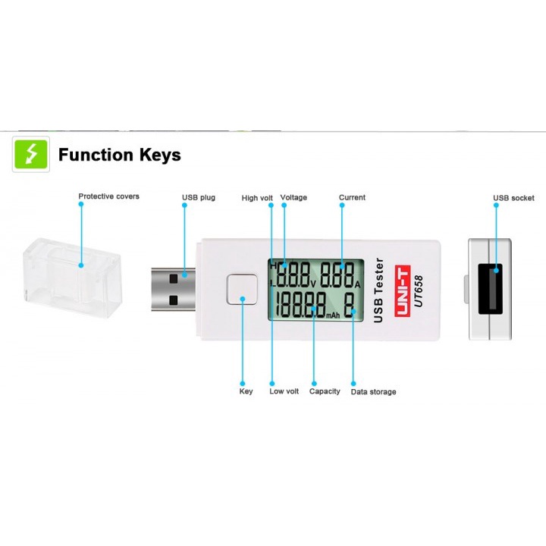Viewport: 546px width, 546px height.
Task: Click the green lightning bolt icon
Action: click(31, 155)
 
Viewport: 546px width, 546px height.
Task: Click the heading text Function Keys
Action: click(120, 155)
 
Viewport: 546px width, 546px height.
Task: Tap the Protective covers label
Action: click(108, 196)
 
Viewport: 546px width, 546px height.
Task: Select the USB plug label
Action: click(199, 197)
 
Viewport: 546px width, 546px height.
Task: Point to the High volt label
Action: click(257, 198)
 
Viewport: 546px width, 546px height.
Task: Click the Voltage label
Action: click(293, 197)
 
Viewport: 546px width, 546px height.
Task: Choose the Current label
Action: click(352, 197)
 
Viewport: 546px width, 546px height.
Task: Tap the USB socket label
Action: click(513, 198)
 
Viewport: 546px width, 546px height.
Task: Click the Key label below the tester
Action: click(246, 391)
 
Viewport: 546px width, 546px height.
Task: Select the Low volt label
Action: click(284, 391)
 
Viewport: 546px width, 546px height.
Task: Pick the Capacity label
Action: click(325, 391)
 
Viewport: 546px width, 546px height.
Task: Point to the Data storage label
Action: click(373, 392)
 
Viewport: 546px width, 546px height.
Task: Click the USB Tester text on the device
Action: click(380, 291)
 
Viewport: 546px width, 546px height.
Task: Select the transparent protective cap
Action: click(72, 277)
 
